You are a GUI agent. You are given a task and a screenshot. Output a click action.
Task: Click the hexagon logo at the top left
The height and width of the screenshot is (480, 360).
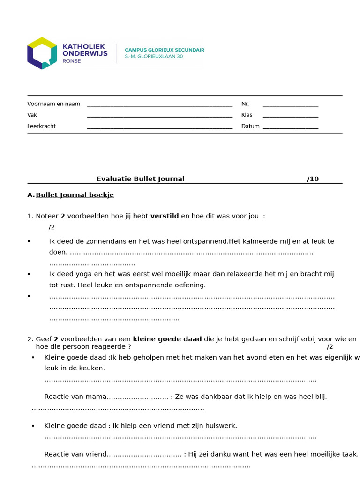[42, 53]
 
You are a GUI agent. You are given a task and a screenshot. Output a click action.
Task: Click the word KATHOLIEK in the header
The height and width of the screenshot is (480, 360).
[84, 47]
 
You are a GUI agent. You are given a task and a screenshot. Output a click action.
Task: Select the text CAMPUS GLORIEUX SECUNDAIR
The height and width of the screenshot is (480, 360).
[164, 50]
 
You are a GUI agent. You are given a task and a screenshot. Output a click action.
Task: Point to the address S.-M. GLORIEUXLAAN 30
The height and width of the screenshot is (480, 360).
[154, 56]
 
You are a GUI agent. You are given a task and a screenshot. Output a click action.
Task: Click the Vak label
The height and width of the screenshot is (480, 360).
[32, 115]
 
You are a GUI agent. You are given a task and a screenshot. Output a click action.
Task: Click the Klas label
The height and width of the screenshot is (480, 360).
[247, 115]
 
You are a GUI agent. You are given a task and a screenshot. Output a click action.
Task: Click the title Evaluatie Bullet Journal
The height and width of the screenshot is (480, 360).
[140, 179]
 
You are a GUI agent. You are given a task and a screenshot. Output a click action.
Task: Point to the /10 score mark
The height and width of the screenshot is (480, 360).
[313, 179]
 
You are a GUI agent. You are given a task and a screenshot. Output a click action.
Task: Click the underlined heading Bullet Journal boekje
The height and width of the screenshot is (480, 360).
[75, 195]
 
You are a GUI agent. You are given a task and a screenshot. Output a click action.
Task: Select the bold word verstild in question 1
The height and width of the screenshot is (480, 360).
[164, 216]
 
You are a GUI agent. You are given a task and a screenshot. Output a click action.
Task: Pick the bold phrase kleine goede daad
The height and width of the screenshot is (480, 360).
[167, 339]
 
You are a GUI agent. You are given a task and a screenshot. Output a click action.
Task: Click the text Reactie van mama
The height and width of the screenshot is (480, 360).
[75, 397]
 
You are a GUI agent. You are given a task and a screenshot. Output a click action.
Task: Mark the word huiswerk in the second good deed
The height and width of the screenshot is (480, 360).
[221, 426]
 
